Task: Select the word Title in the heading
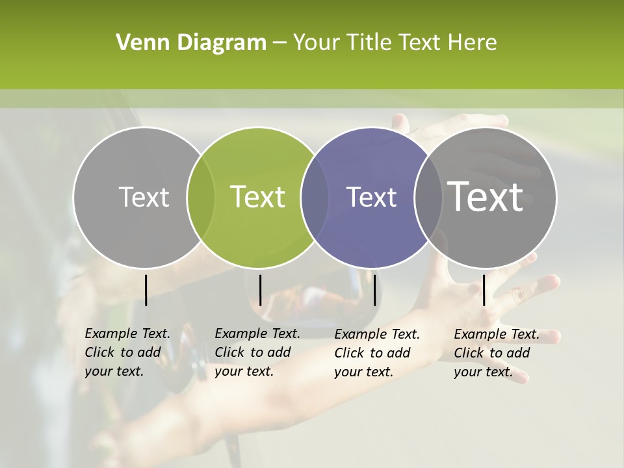click(x=370, y=43)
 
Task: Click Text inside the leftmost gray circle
click(x=144, y=197)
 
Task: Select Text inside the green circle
click(x=257, y=197)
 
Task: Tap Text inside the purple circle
click(x=371, y=197)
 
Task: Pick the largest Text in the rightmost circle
click(x=485, y=196)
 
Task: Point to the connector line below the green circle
click(x=260, y=290)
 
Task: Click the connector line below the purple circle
click(x=374, y=290)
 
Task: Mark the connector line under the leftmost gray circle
click(x=146, y=290)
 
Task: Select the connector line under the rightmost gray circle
click(x=484, y=290)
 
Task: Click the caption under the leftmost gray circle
click(x=127, y=352)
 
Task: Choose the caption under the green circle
click(x=257, y=352)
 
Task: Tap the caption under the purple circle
click(x=377, y=353)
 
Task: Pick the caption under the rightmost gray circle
click(x=497, y=353)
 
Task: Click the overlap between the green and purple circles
click(x=315, y=198)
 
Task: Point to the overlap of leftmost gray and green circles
click(x=200, y=198)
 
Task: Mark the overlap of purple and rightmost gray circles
click(x=428, y=198)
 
